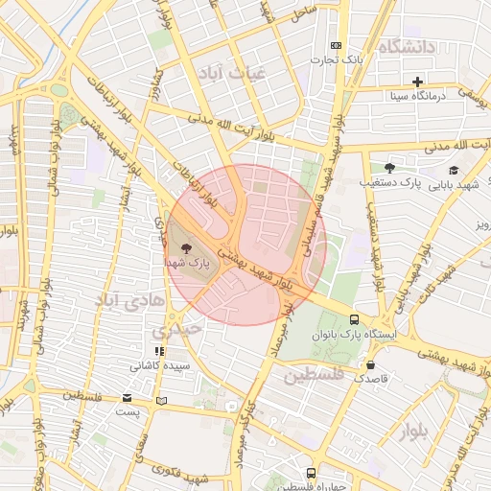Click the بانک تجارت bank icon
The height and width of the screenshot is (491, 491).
point(336,46)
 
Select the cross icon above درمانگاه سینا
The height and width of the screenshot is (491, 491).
point(417,82)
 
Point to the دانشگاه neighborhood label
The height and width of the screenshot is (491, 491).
point(407,47)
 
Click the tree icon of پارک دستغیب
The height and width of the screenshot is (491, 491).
point(388,167)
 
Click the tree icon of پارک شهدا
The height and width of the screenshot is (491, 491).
point(185,247)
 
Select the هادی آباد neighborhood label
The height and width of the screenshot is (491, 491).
point(122,301)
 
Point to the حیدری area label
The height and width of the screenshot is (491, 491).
point(184,329)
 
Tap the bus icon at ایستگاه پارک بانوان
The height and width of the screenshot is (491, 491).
point(355,319)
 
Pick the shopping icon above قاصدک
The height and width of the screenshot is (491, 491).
point(371,364)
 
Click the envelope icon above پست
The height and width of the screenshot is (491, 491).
point(128,398)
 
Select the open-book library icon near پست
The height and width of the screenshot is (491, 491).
point(161,400)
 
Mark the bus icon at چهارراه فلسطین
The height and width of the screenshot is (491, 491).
point(311,473)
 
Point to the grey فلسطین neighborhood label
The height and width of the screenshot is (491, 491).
point(314,375)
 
